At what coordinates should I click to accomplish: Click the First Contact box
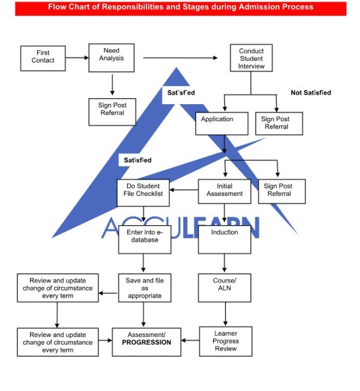43,57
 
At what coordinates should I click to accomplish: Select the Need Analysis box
112,57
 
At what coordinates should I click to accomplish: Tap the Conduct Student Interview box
251,59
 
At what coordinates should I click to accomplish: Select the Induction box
224,236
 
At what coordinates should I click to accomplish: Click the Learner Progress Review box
226,341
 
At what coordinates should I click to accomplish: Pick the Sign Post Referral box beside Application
279,123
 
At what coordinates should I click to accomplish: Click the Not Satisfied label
311,93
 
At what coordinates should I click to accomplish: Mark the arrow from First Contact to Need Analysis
77,57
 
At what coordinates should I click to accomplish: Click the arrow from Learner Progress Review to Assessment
190,341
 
